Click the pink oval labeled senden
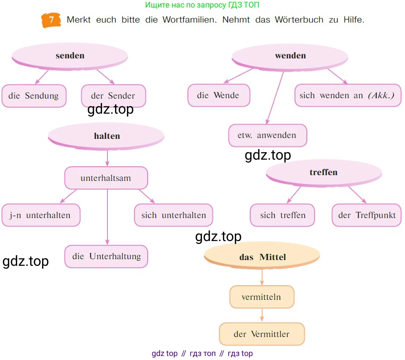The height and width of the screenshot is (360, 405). coord(70,56)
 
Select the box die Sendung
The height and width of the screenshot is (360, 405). coord(34,96)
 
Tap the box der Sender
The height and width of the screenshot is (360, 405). coord(113,96)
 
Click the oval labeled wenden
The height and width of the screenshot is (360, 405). coord(290,56)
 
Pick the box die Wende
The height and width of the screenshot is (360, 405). coord(218,96)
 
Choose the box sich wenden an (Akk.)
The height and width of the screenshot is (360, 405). coord(347,96)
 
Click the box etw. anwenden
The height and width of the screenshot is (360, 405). coord(267,135)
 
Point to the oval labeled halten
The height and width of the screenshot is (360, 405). coord(107,136)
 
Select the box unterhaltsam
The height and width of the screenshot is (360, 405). coord(106,178)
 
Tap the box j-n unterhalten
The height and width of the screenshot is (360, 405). coord(41,215)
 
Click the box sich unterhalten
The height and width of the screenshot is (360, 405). coord(173,215)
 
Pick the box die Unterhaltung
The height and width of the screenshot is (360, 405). coord(106,257)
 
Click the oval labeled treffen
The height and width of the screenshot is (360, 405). coord(324,172)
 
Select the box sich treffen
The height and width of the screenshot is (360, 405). coord(283,215)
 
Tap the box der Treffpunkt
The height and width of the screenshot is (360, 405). coord(367,215)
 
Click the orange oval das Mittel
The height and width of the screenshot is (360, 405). coord(262,257)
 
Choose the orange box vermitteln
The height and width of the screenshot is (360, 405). coord(262,297)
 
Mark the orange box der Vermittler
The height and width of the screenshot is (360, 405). coord(262,334)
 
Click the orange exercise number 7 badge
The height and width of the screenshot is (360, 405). coord(51,20)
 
